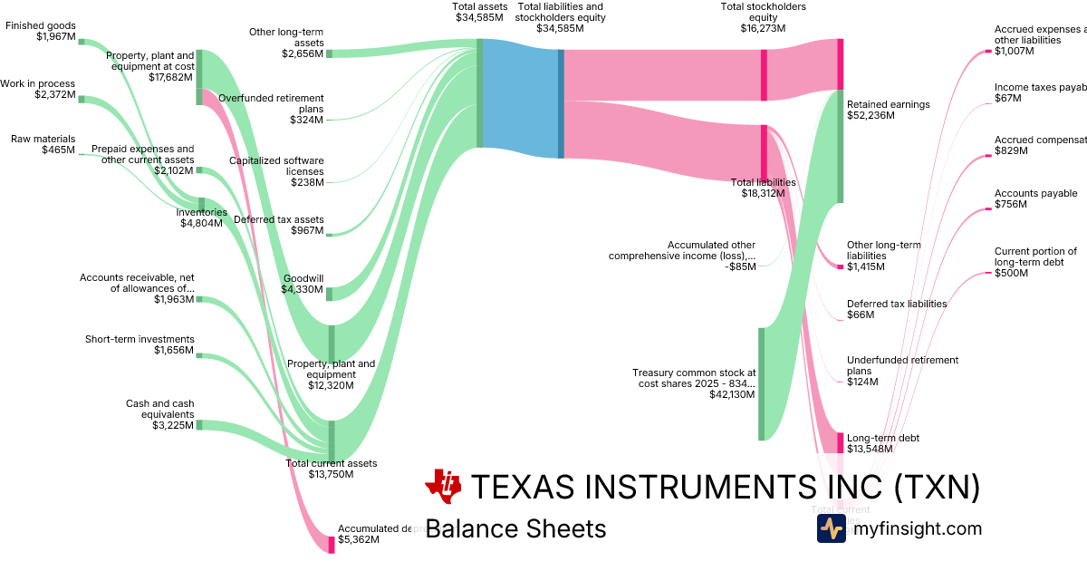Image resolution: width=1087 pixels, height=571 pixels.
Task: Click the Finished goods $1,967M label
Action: click(41, 31)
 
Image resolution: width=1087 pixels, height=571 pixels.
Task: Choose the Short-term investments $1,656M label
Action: click(139, 344)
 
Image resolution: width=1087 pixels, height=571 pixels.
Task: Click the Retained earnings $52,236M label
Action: click(888, 110)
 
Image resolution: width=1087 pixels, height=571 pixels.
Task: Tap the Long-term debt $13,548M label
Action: click(883, 443)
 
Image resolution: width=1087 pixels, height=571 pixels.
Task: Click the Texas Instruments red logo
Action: click(443, 487)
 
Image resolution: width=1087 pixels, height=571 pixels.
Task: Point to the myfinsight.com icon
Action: click(831, 528)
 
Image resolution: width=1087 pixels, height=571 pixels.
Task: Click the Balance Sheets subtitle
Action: click(515, 528)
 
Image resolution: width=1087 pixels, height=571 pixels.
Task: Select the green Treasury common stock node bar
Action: click(761, 383)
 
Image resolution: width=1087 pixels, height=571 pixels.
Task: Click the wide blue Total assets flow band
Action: click(520, 93)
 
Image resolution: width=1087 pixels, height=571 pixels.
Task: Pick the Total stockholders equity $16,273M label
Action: click(763, 17)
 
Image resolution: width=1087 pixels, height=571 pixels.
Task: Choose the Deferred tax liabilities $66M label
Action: click(897, 309)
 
